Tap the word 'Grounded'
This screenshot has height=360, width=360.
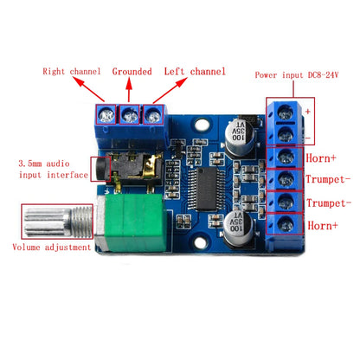click(x=132, y=71)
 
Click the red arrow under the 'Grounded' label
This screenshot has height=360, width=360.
click(x=131, y=88)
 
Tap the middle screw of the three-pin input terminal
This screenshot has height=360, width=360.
click(x=131, y=112)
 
